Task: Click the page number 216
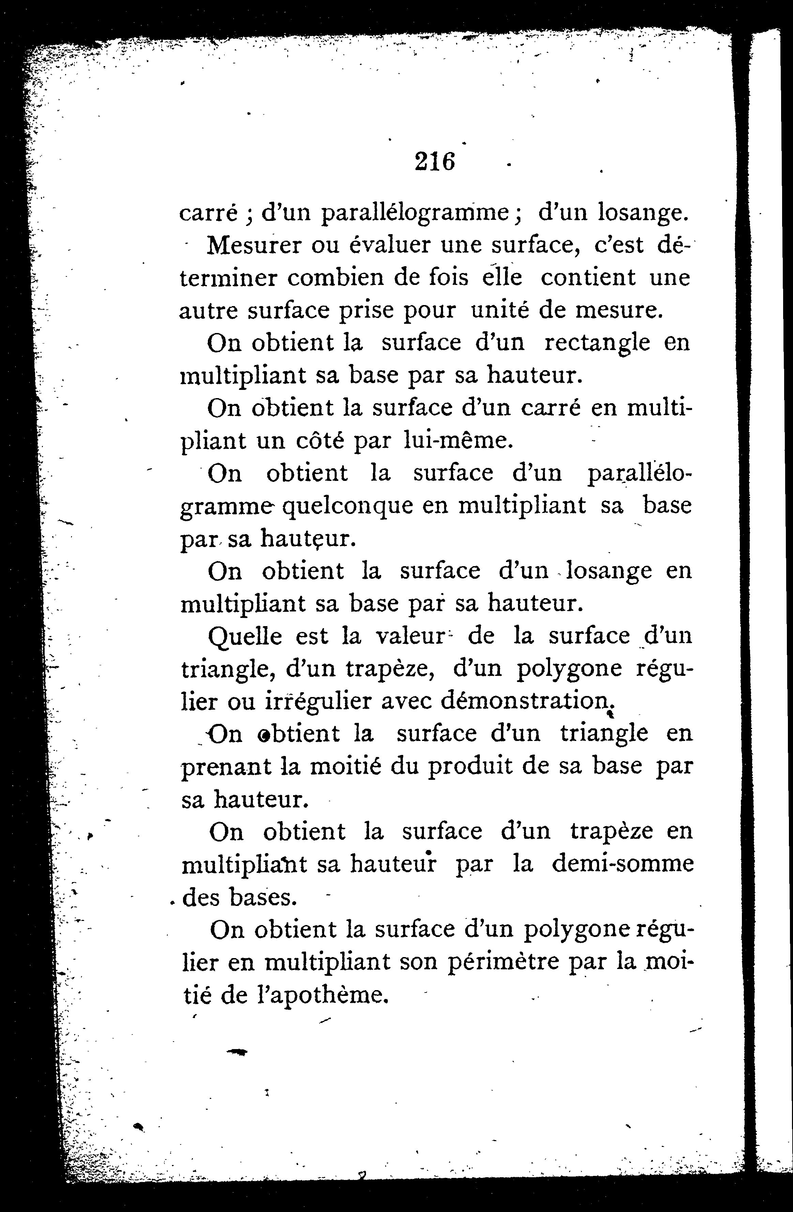click(434, 162)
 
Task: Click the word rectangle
click(597, 343)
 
